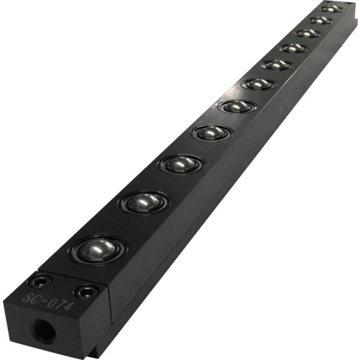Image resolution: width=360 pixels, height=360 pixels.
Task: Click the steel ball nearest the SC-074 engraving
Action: pyautogui.click(x=98, y=250)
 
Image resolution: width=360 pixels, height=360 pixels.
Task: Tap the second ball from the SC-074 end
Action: pyautogui.click(x=144, y=203)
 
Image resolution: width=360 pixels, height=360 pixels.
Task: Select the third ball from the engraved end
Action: pyautogui.click(x=181, y=164)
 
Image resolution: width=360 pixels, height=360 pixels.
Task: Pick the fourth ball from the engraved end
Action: pyautogui.click(x=212, y=132)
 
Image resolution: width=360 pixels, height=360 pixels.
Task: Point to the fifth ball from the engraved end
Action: pyautogui.click(x=237, y=107)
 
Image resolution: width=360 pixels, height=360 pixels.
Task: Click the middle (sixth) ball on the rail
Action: pyautogui.click(x=258, y=84)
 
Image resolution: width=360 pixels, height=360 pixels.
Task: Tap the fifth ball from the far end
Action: pyautogui.click(x=277, y=65)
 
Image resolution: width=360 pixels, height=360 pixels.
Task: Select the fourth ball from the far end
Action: pyautogui.click(x=293, y=48)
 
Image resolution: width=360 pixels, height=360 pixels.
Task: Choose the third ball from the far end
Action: pyautogui.click(x=307, y=33)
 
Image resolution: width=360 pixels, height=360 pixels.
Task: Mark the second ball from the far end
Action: pyautogui.click(x=320, y=20)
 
